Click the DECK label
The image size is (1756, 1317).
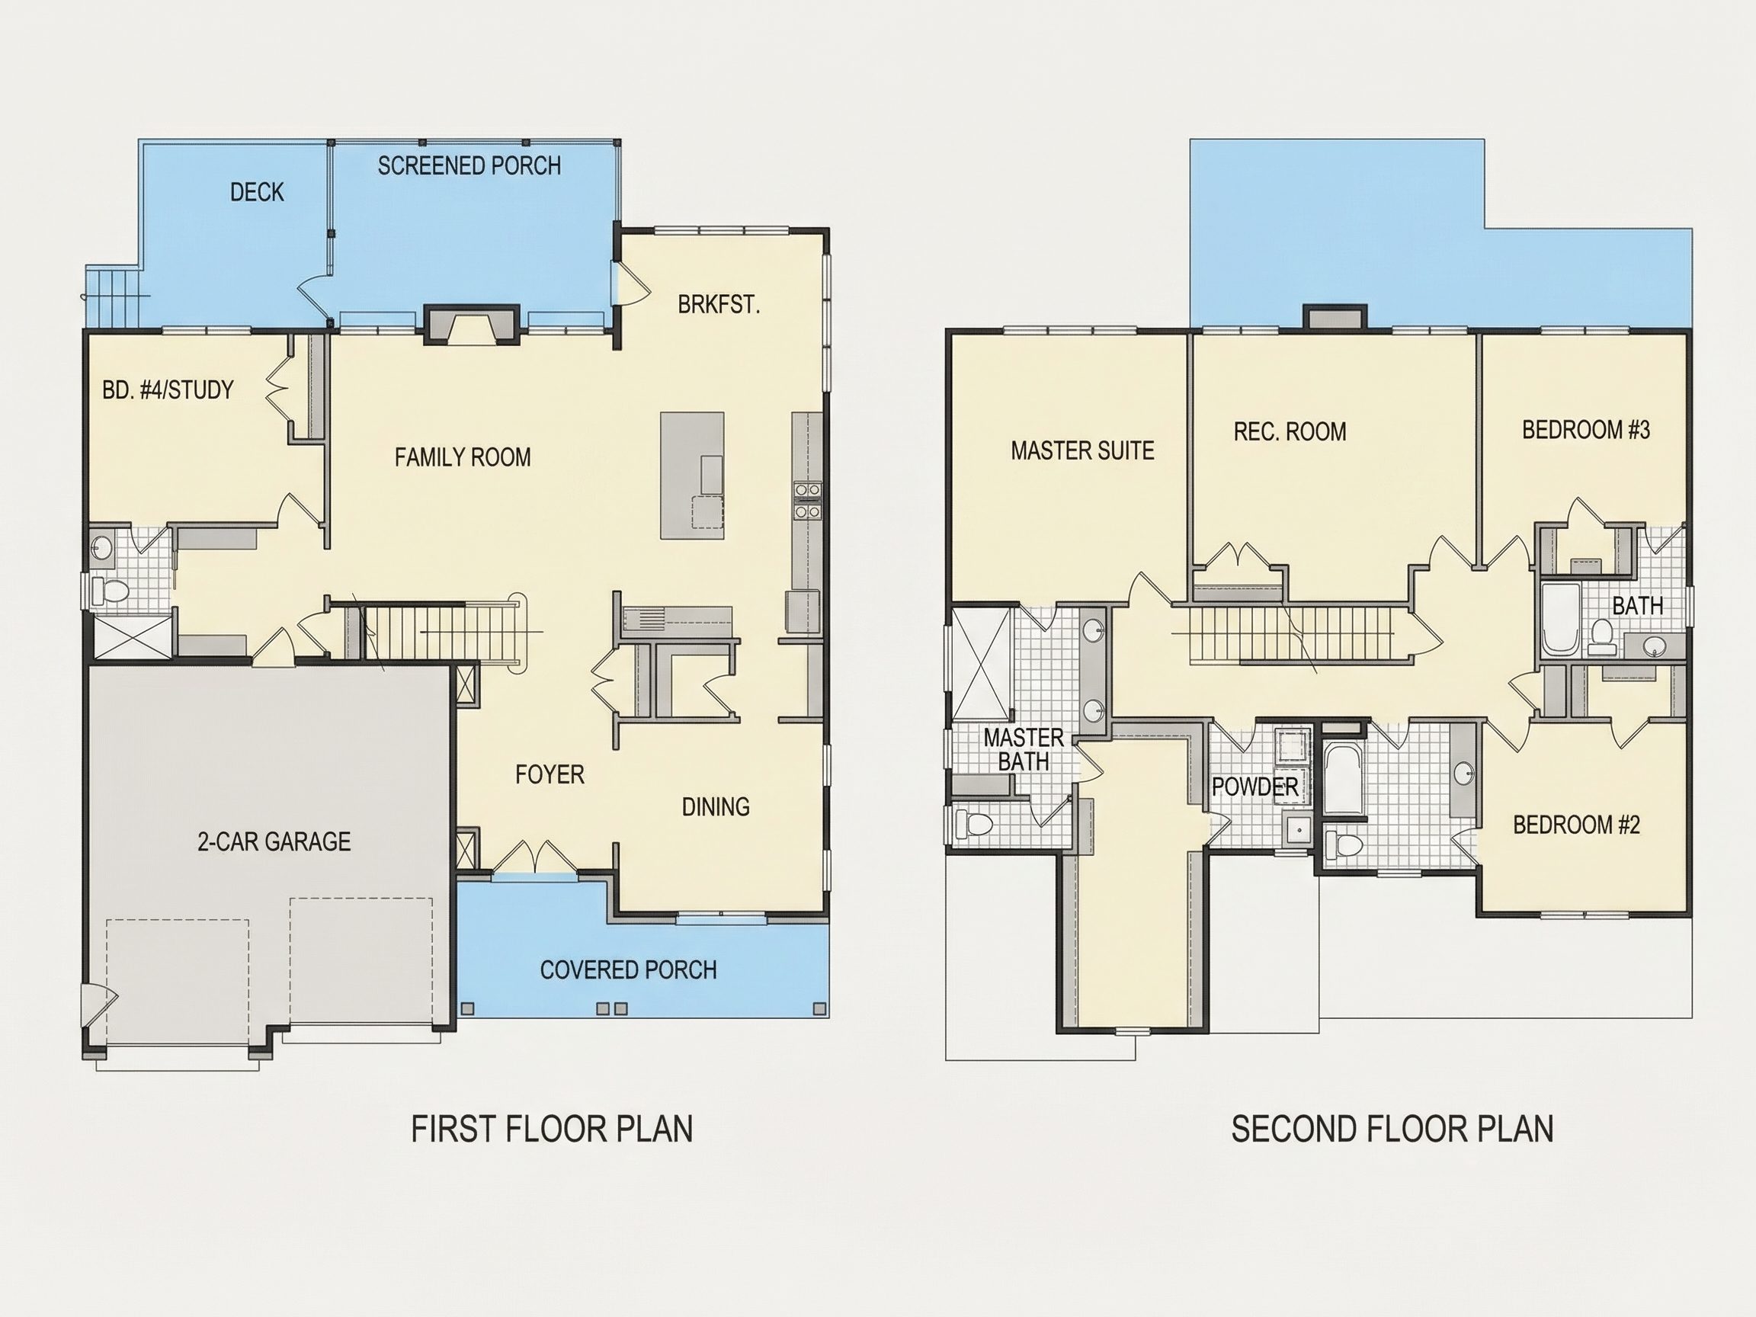[x=257, y=192]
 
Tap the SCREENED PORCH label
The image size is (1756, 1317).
[x=469, y=166]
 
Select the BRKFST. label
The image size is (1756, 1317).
[x=719, y=305]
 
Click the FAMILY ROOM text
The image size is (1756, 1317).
[x=463, y=457]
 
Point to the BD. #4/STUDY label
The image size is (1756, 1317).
[x=168, y=389]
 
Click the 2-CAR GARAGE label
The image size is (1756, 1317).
[x=274, y=841]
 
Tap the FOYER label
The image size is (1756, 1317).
[x=550, y=775]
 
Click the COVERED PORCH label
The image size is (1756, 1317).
[x=628, y=970]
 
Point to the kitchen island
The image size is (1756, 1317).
[x=692, y=476]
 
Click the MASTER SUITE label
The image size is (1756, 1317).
[x=1082, y=451]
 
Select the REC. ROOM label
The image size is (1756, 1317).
[x=1290, y=432]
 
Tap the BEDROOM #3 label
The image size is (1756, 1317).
[x=1586, y=431]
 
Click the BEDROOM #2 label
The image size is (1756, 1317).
[x=1576, y=825]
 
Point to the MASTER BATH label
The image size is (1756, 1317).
[x=1024, y=749]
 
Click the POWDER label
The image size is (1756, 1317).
[x=1255, y=787]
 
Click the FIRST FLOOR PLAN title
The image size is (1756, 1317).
[x=552, y=1129]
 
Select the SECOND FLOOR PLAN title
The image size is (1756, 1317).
[x=1392, y=1129]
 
